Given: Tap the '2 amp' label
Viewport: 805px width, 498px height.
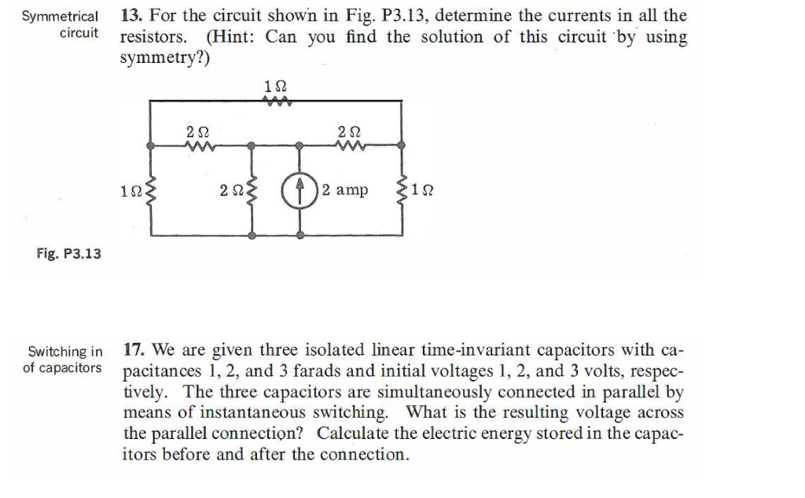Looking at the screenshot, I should click(x=344, y=190).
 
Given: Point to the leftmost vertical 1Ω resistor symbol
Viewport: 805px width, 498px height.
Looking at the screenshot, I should click(x=150, y=190).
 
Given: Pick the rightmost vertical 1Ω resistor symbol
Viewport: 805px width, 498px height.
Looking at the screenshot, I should click(x=402, y=190).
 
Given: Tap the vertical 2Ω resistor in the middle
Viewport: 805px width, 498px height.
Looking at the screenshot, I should click(x=251, y=190).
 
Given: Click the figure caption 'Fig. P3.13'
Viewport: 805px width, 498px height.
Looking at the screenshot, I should click(x=69, y=254).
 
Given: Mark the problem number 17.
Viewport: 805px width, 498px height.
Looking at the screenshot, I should click(x=136, y=349).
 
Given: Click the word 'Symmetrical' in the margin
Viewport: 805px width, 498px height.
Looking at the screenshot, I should click(x=61, y=17).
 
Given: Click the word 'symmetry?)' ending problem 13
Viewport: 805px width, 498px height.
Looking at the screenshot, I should click(x=165, y=58).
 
